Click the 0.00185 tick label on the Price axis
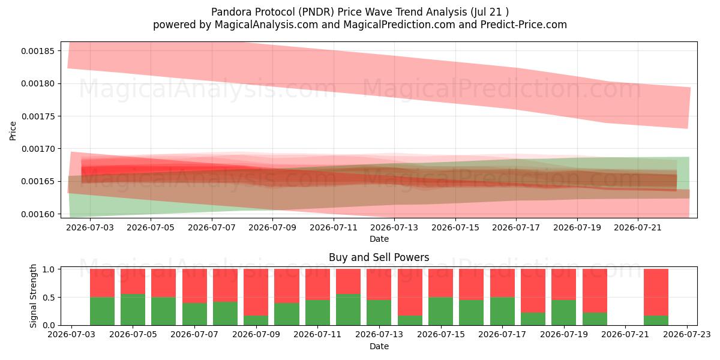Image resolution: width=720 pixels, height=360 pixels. click(38, 51)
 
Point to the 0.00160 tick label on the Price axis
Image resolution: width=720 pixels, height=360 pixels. click(38, 214)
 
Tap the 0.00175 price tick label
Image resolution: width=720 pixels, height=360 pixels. click(38, 116)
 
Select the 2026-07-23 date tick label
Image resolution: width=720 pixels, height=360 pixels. click(687, 334)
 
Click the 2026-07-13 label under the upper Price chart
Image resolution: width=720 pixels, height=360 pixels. click(394, 227)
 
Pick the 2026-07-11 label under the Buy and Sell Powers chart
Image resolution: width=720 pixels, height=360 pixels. click(317, 334)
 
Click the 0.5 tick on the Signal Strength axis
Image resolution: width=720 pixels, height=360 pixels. click(49, 298)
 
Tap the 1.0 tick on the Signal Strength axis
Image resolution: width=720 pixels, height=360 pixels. click(49, 269)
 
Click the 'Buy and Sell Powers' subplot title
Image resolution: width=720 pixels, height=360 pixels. click(379, 257)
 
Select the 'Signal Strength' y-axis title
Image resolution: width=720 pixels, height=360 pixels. click(33, 296)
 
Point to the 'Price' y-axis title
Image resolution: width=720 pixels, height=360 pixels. click(13, 131)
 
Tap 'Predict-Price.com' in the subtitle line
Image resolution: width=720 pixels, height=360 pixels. click(524, 25)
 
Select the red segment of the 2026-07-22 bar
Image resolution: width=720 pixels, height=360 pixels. click(656, 292)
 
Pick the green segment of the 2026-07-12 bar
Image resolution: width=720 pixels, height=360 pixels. click(349, 310)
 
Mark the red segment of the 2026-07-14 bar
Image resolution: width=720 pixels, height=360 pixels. click(410, 292)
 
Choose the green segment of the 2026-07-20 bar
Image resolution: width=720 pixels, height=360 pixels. click(595, 319)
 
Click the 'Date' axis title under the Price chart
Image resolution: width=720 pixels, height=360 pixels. click(379, 239)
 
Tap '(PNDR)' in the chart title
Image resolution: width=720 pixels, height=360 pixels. click(316, 12)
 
